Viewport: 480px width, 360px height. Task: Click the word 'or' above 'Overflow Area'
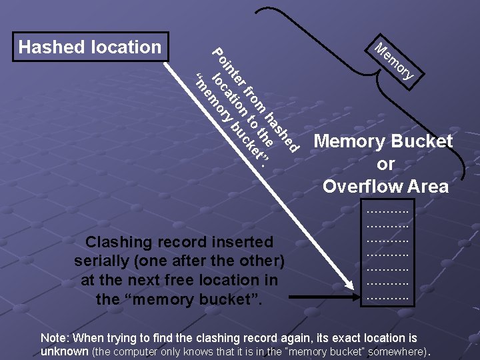pos(385,164)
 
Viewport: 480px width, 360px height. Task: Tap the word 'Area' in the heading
pos(428,186)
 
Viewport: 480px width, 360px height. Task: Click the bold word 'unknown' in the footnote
pos(64,351)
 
